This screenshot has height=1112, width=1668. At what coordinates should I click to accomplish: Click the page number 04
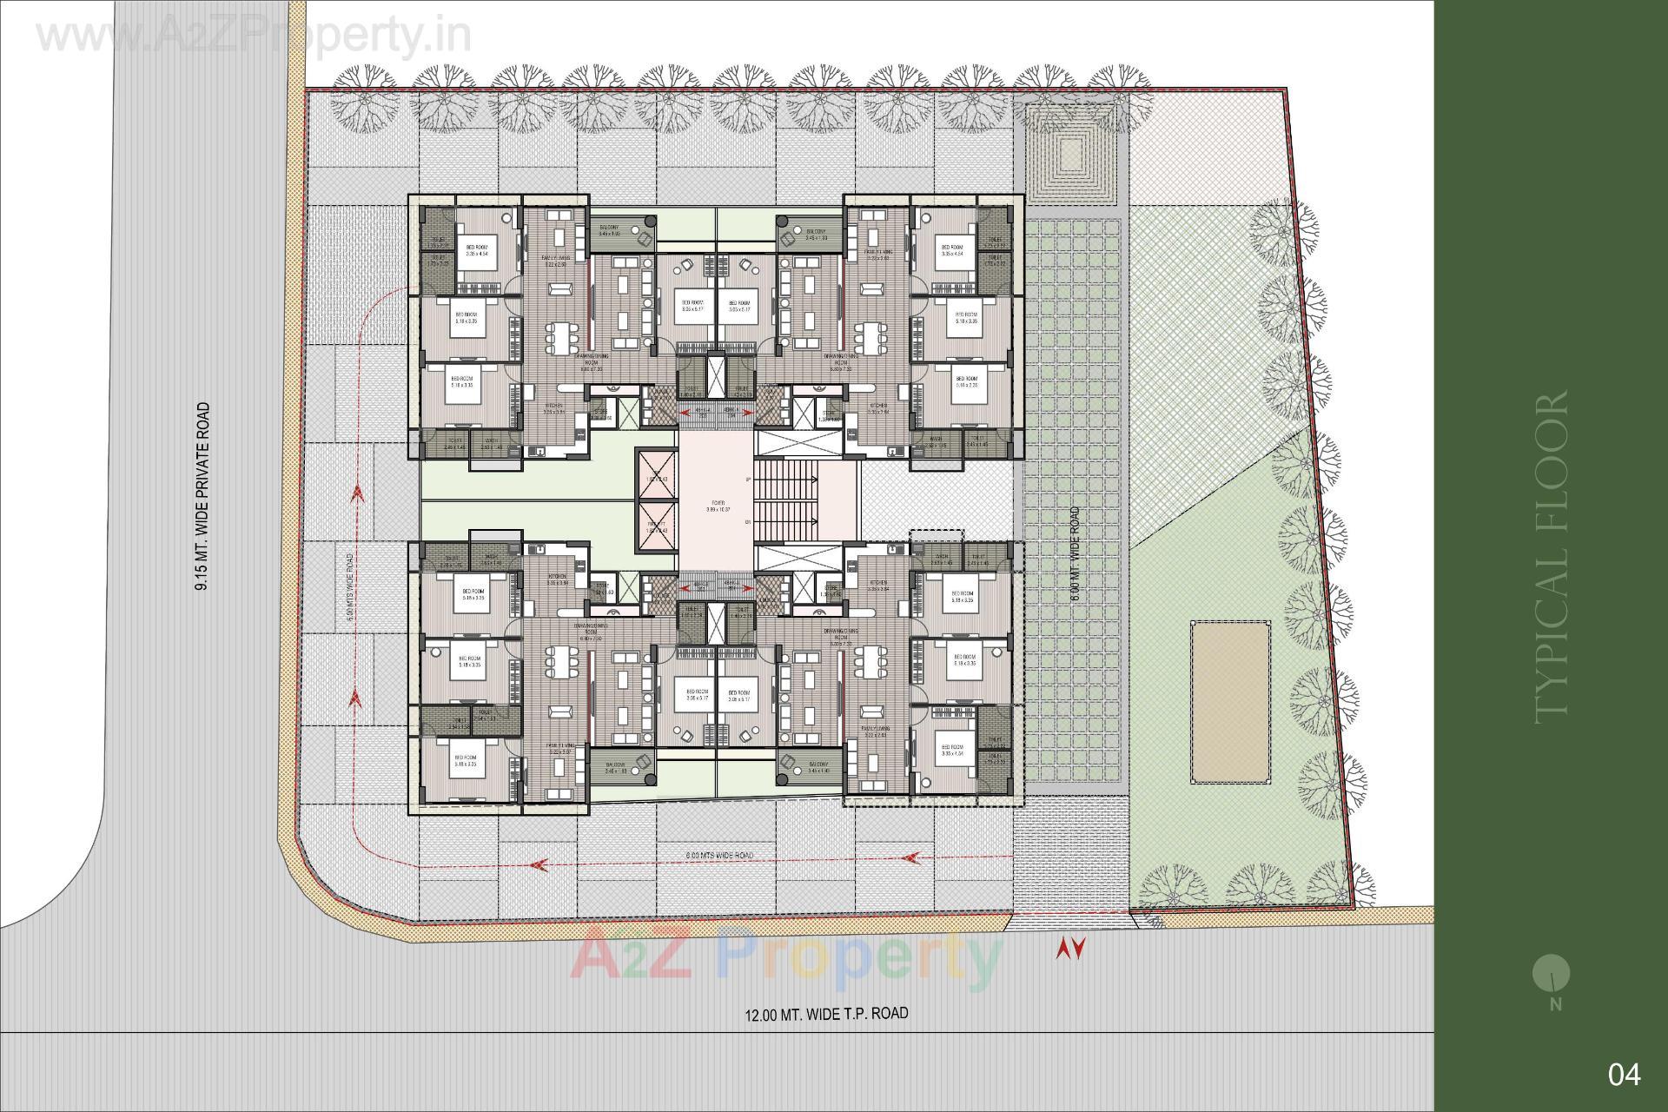[1624, 1075]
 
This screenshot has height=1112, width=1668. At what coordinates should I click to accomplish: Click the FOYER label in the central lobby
[715, 503]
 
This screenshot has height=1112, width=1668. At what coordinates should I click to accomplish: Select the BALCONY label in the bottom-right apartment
[817, 767]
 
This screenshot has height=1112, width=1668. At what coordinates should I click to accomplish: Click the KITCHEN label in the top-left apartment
[553, 406]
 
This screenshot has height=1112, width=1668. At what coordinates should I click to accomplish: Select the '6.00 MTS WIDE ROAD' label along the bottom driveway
[719, 856]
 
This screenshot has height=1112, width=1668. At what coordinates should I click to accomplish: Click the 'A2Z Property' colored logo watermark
[786, 957]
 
